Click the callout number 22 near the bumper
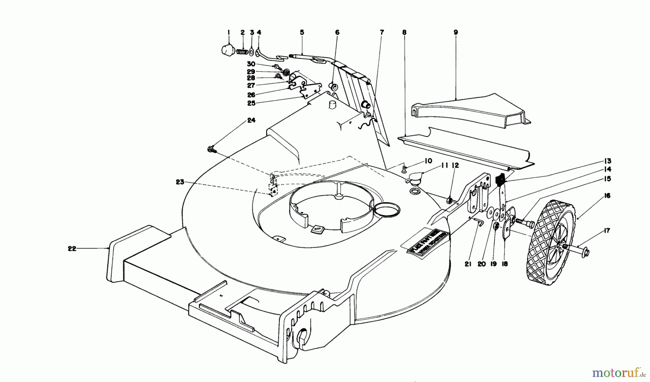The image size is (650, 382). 72,249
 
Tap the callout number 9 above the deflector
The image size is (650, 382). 455,33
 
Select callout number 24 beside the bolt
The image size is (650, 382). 251,120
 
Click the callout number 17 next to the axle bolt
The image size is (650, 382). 607,231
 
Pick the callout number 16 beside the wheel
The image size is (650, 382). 607,196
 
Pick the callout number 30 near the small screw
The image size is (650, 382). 251,64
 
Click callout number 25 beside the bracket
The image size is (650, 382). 251,103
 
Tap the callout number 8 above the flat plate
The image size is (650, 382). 404,33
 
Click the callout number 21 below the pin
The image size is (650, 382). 468,264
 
